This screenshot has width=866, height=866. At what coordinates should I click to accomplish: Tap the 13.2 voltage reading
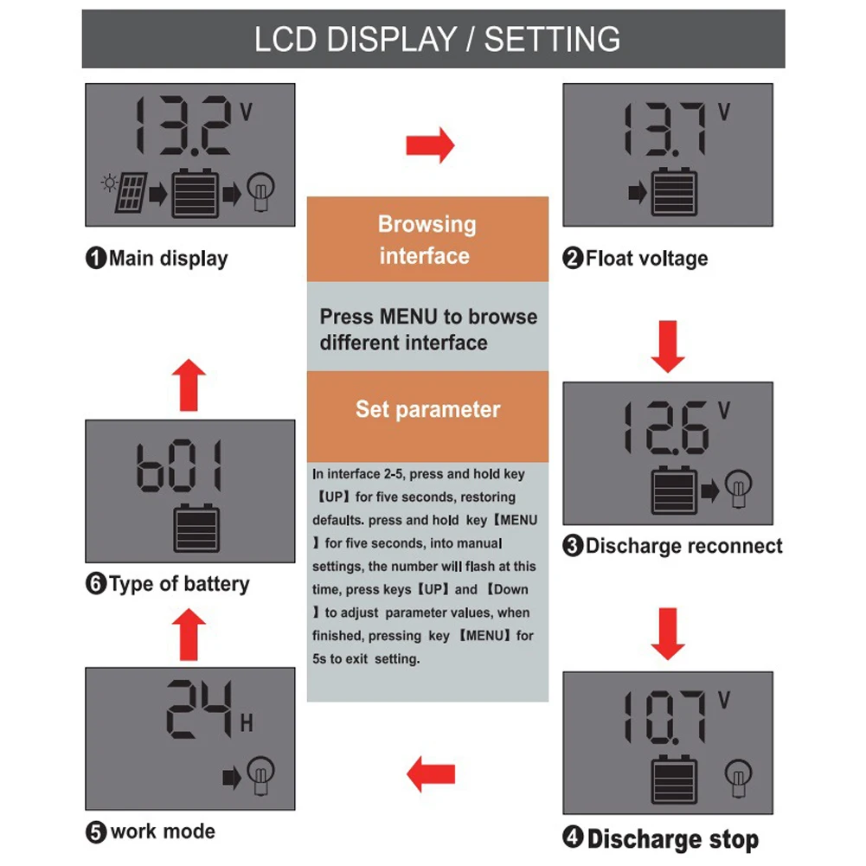tap(185, 125)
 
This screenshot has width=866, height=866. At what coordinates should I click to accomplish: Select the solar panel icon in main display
tap(126, 195)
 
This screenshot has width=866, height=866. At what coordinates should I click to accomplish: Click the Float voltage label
tap(636, 258)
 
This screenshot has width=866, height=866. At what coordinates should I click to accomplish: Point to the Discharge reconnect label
tap(673, 546)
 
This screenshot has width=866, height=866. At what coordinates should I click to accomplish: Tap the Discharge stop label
tap(662, 838)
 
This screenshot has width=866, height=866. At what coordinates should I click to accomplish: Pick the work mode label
tap(151, 832)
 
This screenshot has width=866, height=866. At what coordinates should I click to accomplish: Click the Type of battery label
tap(168, 584)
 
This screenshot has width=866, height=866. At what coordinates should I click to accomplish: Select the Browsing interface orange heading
tap(427, 240)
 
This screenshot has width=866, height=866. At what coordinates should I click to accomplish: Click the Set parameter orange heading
tap(427, 409)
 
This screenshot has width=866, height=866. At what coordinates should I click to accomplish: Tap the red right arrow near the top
tap(430, 144)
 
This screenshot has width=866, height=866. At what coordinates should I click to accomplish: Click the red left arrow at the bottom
tap(430, 773)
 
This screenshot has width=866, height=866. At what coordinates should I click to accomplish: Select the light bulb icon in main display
tap(260, 193)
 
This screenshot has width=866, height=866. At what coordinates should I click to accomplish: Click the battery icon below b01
tap(196, 529)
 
